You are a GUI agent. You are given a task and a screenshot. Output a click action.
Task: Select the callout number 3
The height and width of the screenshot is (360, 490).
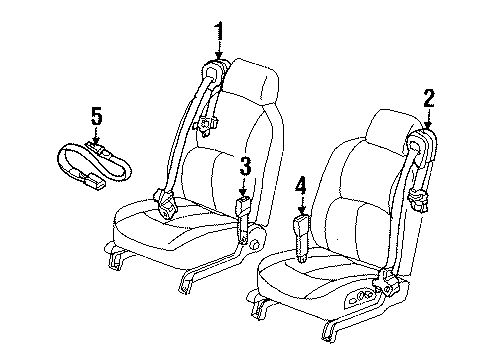point(243,165)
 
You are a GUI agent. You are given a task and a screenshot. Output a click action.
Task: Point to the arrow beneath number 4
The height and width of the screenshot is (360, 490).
point(299,204)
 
